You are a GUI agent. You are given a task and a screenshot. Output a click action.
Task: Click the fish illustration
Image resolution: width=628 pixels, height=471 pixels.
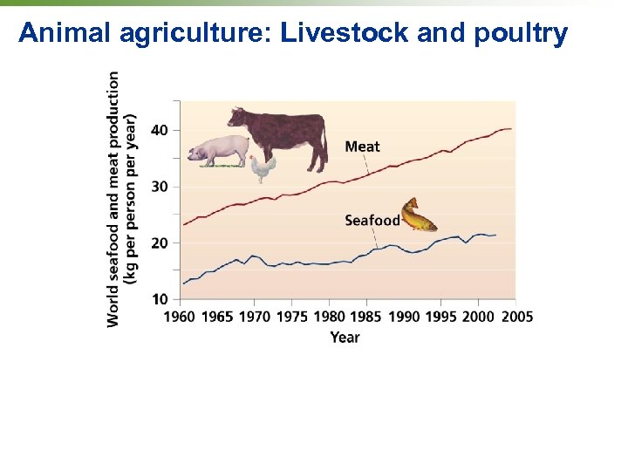tap(419, 215)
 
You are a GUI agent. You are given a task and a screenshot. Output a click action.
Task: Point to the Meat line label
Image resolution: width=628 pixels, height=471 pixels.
tap(362, 147)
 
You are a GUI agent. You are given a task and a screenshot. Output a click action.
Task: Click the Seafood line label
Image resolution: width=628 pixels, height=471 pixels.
tap(372, 221)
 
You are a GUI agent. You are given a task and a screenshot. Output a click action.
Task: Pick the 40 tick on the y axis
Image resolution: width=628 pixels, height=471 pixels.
tap(160, 130)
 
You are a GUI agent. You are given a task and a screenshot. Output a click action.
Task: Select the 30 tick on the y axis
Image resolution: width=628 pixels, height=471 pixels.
tap(160, 187)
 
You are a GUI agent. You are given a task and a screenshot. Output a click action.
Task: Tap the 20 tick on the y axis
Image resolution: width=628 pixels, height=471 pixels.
tap(160, 243)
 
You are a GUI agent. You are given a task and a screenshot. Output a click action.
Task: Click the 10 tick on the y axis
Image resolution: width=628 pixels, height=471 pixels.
tap(160, 299)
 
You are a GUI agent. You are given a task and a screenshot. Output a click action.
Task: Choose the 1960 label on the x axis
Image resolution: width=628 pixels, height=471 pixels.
tap(180, 317)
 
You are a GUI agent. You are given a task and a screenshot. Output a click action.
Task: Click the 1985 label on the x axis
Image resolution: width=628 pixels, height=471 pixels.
tap(366, 317)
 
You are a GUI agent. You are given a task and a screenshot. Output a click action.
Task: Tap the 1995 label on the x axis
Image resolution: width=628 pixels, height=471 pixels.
tap(441, 317)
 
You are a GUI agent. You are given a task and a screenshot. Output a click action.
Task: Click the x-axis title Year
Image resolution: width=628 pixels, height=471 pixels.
tap(345, 337)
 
